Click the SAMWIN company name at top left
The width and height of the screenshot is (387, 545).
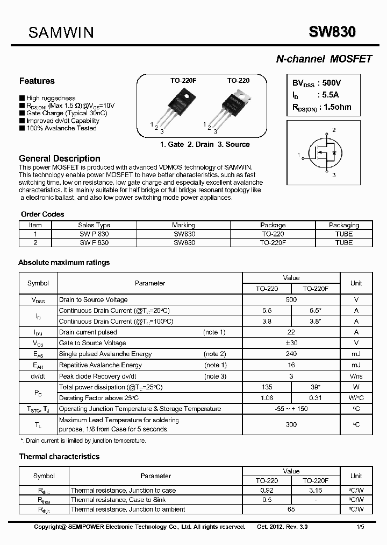tap(61, 33)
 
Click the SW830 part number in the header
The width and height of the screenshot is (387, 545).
tap(332, 32)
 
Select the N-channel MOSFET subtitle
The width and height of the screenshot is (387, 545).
tap(324, 59)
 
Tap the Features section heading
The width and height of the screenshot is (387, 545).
tap(37, 81)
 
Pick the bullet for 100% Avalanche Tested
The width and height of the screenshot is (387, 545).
tap(22, 128)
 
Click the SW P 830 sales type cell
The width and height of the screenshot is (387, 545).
tap(94, 234)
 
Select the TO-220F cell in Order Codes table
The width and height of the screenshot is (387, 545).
tap(273, 243)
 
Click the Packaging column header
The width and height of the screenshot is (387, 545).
tap(344, 225)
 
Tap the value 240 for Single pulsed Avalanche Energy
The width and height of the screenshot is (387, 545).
tap(291, 354)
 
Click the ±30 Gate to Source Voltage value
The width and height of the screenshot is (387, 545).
tap(291, 343)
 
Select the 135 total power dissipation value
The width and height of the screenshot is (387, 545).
tap(267, 387)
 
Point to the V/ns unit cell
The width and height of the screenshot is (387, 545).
tap(356, 376)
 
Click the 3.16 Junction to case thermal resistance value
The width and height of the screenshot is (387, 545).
tap(315, 491)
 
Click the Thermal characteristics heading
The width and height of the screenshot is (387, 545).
tap(59, 457)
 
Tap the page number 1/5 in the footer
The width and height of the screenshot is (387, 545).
tap(359, 527)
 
